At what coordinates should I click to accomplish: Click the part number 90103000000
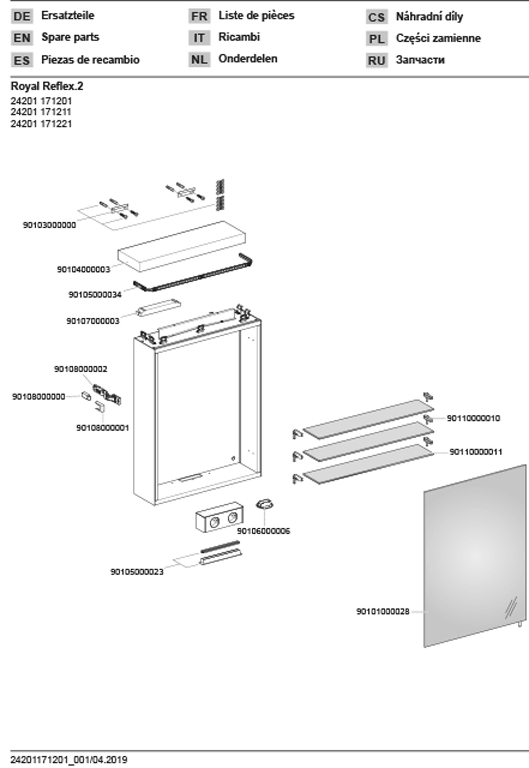click(x=49, y=225)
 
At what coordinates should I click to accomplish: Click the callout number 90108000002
click(x=81, y=369)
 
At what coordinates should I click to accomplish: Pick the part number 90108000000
click(x=38, y=397)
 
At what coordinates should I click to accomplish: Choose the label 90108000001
click(x=102, y=428)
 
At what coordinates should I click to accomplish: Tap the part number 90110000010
click(x=473, y=418)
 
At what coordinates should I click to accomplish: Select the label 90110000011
click(x=476, y=452)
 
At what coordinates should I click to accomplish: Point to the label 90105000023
click(x=137, y=572)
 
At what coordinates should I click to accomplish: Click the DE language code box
click(x=22, y=16)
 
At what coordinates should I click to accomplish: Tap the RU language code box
click(x=376, y=61)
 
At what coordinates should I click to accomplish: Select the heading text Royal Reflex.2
click(x=47, y=86)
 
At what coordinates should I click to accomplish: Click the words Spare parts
click(x=70, y=37)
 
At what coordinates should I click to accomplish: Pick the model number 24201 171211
click(x=41, y=112)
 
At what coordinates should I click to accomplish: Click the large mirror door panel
click(x=475, y=557)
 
